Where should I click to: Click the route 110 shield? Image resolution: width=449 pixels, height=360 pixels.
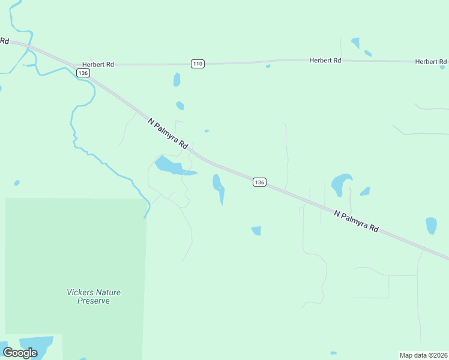[198, 64]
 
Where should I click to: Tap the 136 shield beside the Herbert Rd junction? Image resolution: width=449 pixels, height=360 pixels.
[83, 73]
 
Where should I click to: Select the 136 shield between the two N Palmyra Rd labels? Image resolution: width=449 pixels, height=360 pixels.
[259, 182]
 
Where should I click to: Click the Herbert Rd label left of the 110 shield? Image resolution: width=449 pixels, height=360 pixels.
[97, 64]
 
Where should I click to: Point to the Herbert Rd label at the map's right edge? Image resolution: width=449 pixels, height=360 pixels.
[431, 62]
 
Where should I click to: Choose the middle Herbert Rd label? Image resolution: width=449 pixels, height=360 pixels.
[325, 61]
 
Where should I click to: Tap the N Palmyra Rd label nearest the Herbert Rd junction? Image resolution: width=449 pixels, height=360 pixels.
[168, 133]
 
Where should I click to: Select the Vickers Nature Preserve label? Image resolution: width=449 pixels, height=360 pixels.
[93, 296]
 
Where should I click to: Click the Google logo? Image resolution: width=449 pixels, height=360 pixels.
[20, 352]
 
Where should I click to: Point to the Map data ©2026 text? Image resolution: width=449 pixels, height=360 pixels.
[423, 355]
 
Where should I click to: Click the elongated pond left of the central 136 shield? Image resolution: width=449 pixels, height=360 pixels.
[218, 186]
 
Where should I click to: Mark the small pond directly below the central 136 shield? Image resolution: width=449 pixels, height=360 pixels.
[256, 230]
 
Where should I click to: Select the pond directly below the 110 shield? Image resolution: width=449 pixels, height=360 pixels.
[176, 79]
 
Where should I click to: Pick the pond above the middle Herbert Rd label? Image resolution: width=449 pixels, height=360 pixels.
[355, 43]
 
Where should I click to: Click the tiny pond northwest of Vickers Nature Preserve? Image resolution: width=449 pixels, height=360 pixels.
[17, 182]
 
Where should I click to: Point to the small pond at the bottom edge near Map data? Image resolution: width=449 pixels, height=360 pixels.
[333, 353]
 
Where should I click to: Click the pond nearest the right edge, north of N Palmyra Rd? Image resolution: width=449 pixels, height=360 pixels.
[431, 226]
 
